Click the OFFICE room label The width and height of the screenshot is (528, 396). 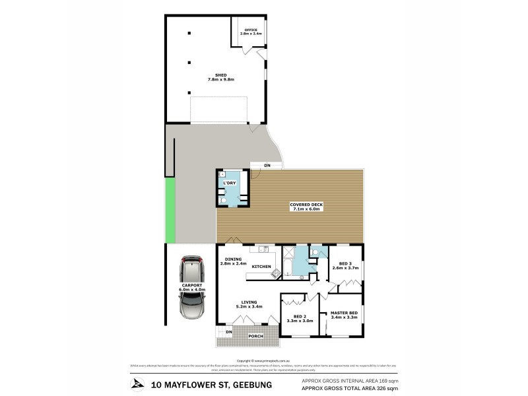coord(250,31)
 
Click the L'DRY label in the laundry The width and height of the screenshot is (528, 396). coord(229,183)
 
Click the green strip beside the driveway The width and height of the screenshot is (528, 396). coord(170,211)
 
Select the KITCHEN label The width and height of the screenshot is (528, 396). coord(261,266)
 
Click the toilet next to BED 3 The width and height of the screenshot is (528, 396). coord(315,251)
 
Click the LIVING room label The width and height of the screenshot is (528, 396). coord(244,304)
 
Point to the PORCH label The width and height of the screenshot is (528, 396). coord(255,336)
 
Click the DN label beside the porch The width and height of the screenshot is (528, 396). coord(228,331)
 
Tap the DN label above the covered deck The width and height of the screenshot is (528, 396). coord(267,165)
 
